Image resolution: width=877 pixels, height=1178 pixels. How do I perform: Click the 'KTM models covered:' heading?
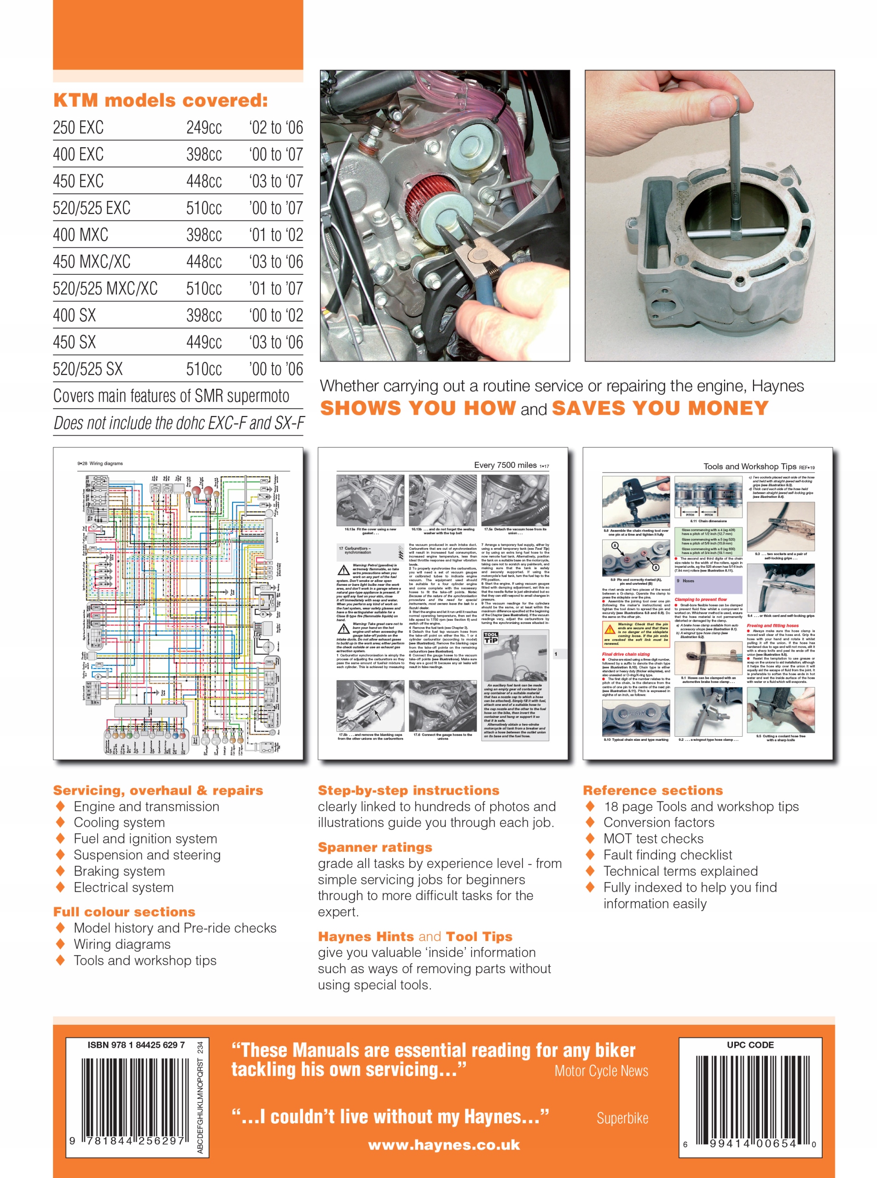[x=160, y=100]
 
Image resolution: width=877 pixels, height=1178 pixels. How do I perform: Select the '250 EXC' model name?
[x=78, y=128]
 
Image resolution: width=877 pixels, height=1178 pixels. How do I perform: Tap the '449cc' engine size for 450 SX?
[x=204, y=342]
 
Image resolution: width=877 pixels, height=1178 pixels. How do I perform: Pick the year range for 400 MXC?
[x=276, y=235]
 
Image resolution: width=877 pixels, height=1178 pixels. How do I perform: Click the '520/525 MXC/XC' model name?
[x=105, y=289]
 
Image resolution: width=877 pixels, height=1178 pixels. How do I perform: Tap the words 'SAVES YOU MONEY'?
[x=660, y=408]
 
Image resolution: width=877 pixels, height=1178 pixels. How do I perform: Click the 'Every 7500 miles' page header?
[x=505, y=465]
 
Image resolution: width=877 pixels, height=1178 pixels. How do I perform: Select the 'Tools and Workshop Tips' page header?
[x=749, y=467]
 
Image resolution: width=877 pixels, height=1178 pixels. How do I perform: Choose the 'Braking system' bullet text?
[x=119, y=871]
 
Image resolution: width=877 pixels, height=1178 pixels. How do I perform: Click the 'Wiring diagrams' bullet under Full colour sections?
[x=122, y=945]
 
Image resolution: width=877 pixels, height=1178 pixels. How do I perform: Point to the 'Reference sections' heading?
[x=652, y=791]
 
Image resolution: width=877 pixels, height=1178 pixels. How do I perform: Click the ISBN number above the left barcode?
[x=136, y=1045]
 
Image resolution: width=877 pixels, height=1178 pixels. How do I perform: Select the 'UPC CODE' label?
[x=750, y=1045]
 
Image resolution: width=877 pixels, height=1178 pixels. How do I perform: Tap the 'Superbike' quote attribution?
[x=622, y=1119]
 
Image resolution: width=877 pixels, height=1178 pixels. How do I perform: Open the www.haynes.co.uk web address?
[x=444, y=1145]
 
